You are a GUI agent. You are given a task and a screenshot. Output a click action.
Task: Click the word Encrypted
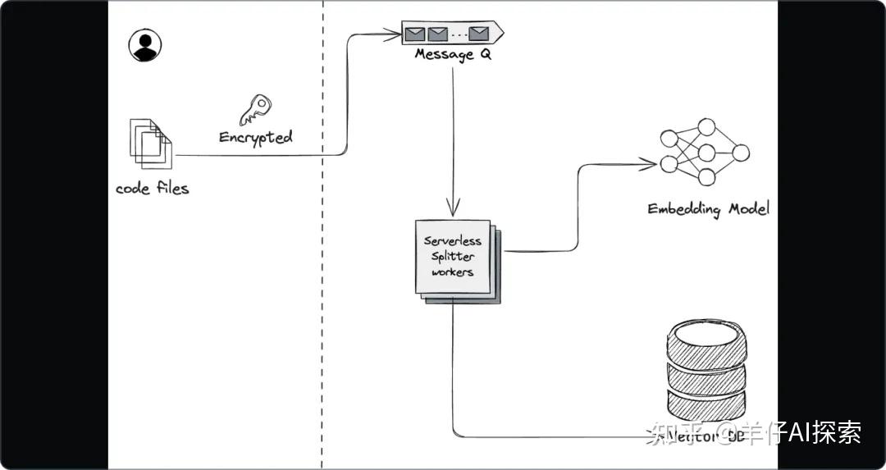[x=256, y=137]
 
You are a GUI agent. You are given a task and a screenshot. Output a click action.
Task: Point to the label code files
[x=152, y=189]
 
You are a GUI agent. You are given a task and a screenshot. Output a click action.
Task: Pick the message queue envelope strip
[x=451, y=34]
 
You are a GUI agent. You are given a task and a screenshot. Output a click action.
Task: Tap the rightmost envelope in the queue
[x=478, y=34]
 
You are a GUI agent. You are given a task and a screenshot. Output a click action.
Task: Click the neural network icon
[x=704, y=153]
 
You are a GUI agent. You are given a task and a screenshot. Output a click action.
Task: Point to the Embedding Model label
[x=708, y=209]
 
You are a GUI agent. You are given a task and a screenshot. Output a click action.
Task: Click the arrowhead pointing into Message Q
[x=395, y=34]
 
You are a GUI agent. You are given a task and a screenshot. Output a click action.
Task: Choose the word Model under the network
[x=747, y=209]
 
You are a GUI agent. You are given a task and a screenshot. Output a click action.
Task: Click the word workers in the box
[x=452, y=272]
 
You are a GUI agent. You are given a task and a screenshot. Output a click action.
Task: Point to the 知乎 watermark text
[x=670, y=432]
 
